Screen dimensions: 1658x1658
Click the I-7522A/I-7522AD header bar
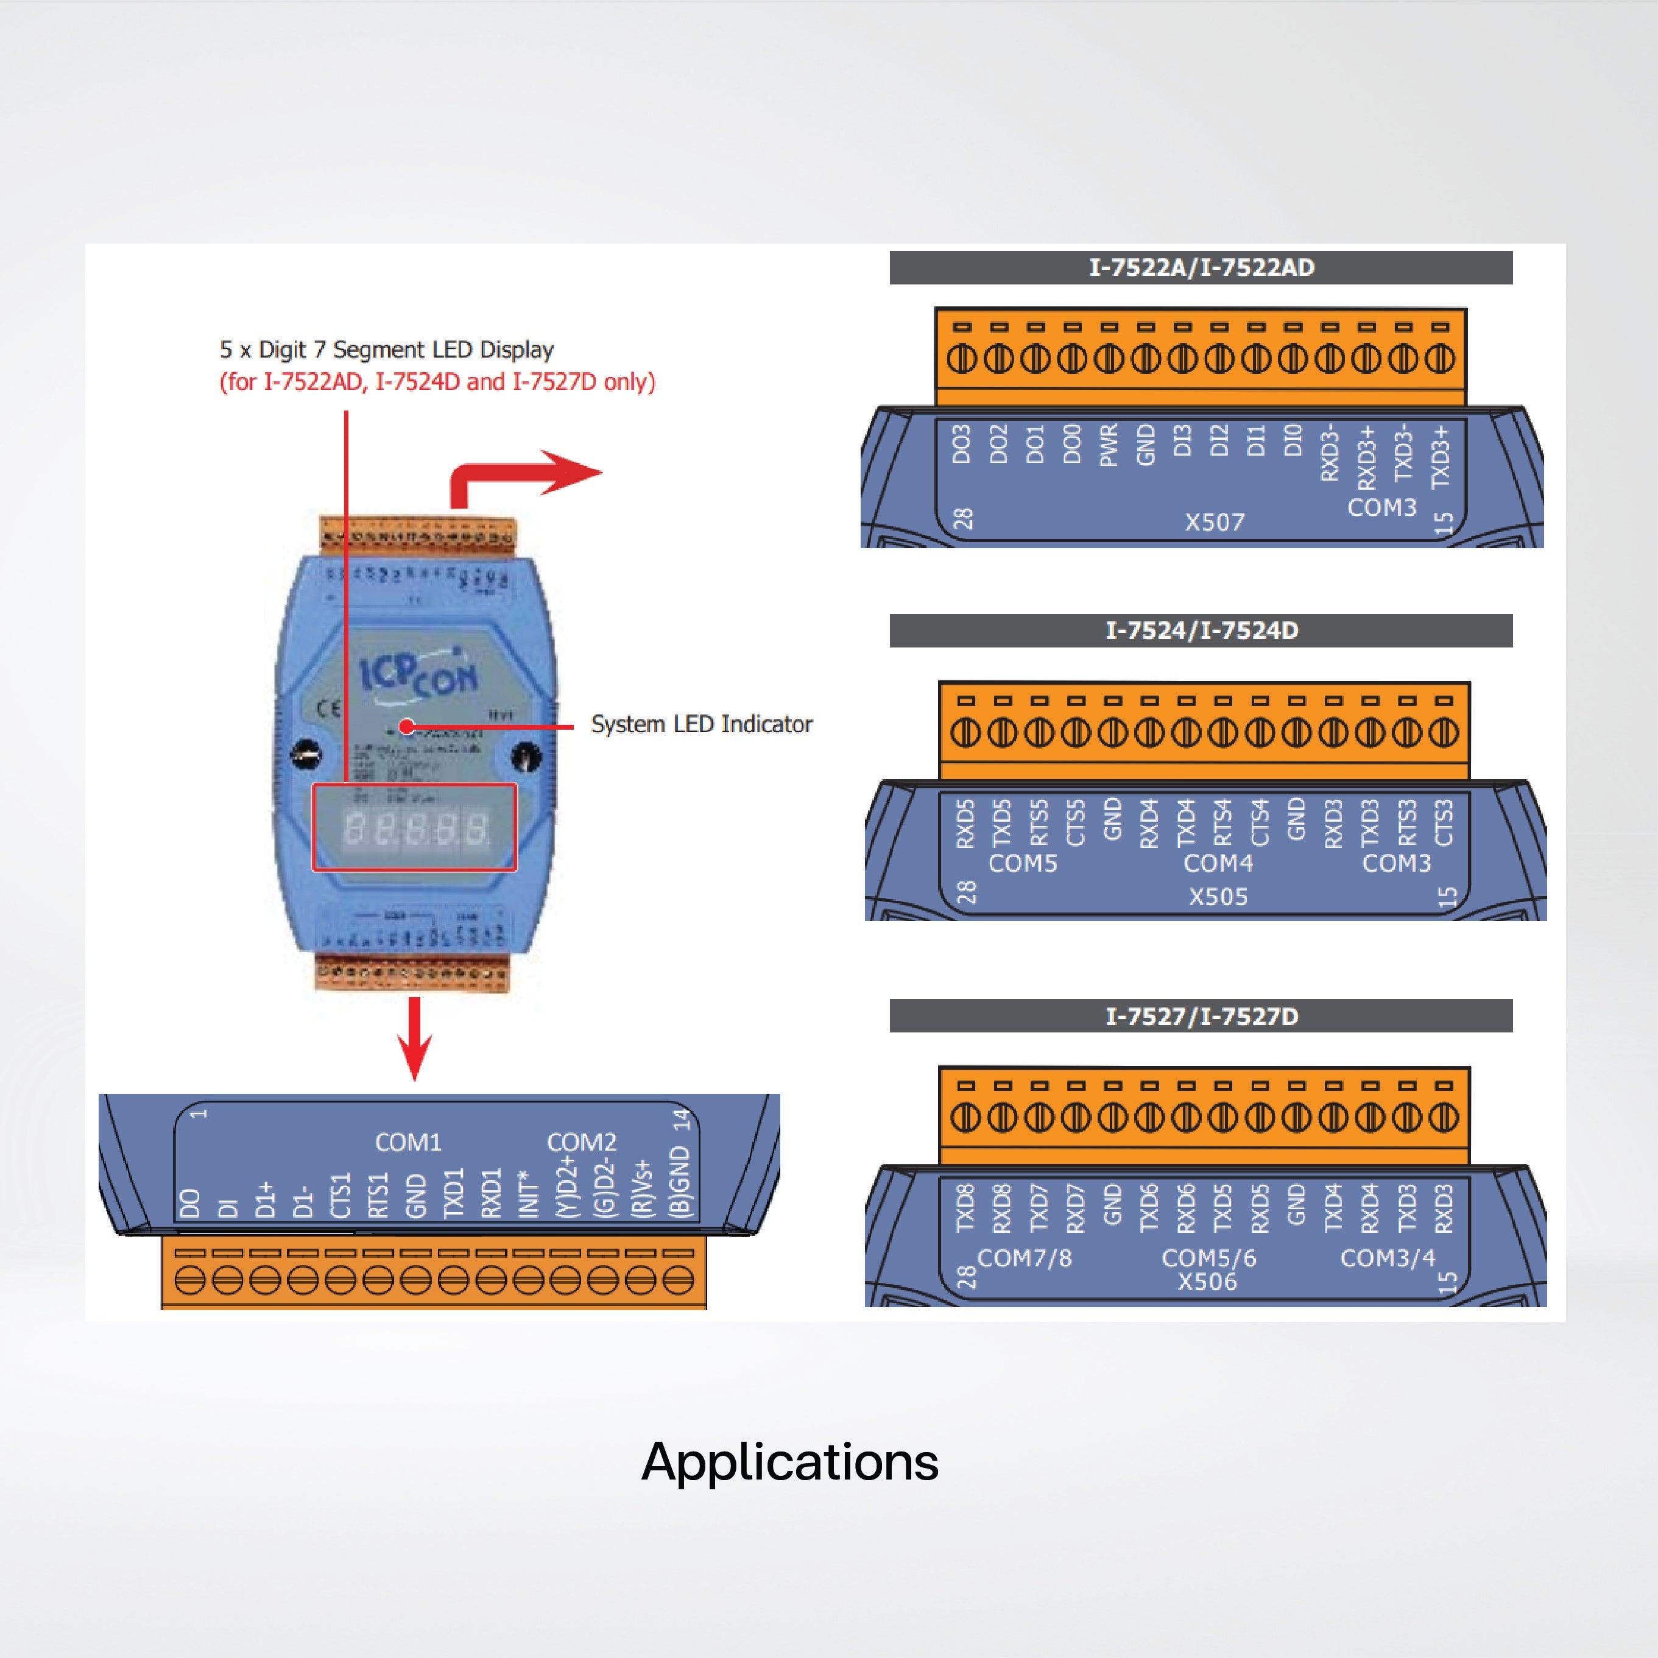pyautogui.click(x=1201, y=268)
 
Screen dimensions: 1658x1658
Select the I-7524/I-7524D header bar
pyautogui.click(x=1201, y=631)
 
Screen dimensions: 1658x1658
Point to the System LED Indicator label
pyautogui.click(x=701, y=724)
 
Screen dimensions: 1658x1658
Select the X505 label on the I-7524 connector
pyautogui.click(x=1218, y=897)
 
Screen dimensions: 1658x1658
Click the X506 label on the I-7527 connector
pyautogui.click(x=1207, y=1282)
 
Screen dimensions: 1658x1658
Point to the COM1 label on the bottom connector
pyautogui.click(x=407, y=1142)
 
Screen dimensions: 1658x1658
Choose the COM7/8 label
pyautogui.click(x=1025, y=1258)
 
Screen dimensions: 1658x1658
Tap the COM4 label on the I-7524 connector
pyautogui.click(x=1218, y=863)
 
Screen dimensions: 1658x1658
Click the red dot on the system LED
pyautogui.click(x=407, y=727)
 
